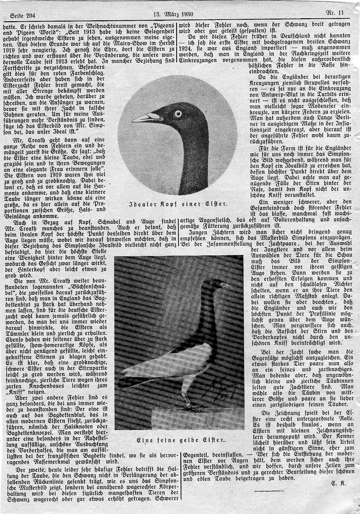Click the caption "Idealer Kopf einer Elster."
pyautogui.click(x=178, y=204)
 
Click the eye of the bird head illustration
pyautogui.click(x=178, y=113)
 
